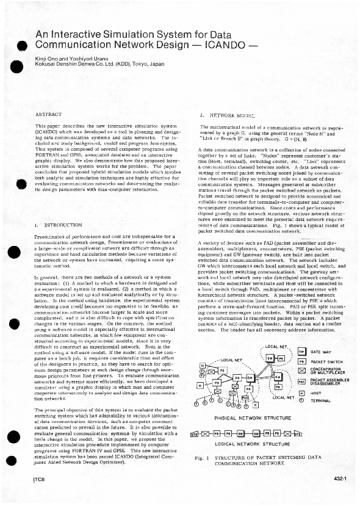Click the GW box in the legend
click(x=301, y=352)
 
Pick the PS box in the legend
click(x=301, y=361)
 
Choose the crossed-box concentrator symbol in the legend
click(x=301, y=370)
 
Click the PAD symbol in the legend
click(x=301, y=381)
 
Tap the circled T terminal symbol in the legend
click(x=301, y=401)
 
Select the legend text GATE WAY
click(x=322, y=352)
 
